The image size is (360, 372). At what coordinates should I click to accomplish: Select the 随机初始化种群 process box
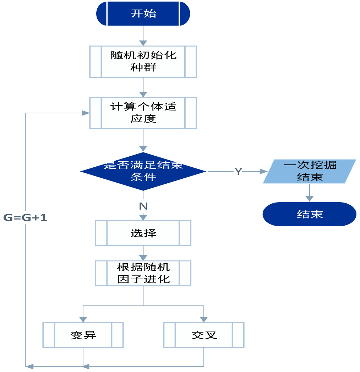143,61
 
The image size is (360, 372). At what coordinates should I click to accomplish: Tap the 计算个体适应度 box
143,113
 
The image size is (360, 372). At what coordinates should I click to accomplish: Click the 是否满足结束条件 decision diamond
143,171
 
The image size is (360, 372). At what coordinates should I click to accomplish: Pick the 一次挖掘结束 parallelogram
310,171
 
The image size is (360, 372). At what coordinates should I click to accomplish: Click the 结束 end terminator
310,214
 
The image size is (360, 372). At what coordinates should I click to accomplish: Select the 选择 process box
143,233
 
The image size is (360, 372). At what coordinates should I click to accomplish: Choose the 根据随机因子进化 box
143,273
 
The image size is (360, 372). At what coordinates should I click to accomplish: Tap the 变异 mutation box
83,335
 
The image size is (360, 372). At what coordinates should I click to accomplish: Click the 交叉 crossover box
204,335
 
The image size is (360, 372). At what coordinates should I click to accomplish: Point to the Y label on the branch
238,172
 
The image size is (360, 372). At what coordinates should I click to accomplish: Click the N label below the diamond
143,206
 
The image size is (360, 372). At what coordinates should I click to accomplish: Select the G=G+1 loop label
25,217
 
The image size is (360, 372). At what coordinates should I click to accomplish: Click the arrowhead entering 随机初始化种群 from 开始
143,43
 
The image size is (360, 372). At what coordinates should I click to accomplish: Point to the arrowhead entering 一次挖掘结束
263,171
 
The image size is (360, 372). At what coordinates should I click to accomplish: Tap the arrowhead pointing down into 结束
310,199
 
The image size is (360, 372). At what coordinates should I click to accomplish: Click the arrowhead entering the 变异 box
83,319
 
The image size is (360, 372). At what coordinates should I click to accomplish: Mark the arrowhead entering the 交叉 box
204,319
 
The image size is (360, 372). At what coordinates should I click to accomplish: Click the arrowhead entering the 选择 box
143,217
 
